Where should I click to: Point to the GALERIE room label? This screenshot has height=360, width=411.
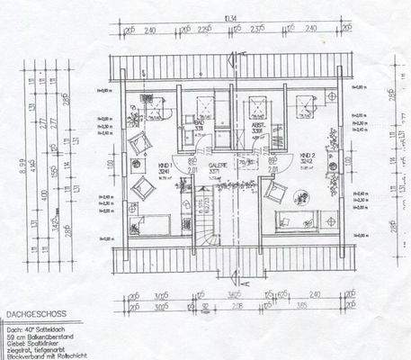tap(218, 167)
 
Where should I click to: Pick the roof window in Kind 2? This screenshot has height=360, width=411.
tap(306, 104)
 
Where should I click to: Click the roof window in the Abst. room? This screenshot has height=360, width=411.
tap(256, 104)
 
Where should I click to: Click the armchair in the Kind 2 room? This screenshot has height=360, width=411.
tap(276, 191)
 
